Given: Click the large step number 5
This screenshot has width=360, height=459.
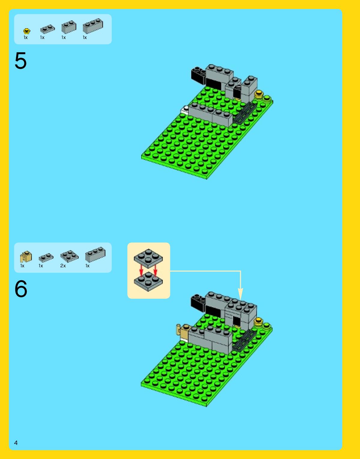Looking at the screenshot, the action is click(20, 61).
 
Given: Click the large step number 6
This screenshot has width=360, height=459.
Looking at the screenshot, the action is click(21, 289).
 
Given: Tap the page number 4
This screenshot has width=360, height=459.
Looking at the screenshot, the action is click(16, 443).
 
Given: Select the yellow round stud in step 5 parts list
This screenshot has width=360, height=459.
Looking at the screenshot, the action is click(27, 31).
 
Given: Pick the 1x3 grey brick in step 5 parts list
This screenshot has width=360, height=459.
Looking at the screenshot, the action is click(93, 26).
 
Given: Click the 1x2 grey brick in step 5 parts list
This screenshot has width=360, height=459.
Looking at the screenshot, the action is click(69, 27).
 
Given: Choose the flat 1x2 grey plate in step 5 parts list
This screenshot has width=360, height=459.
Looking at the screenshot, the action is click(47, 29).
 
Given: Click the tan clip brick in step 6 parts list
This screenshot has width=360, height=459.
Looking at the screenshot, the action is click(26, 256).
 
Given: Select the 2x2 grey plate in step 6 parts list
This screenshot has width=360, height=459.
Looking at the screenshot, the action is click(69, 256).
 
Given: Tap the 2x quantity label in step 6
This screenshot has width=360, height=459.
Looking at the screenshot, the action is click(63, 266).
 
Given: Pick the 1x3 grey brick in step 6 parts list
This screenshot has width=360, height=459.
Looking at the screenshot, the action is click(95, 254).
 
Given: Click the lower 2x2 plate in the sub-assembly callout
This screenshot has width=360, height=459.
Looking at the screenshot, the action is click(148, 282).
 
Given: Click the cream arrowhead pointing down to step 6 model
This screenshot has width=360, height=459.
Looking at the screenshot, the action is click(241, 294).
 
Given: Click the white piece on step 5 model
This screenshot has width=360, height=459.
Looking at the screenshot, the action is click(185, 110).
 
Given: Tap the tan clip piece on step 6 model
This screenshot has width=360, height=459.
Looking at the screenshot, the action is click(183, 331).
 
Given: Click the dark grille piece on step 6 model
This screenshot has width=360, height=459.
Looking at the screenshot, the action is click(245, 340).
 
